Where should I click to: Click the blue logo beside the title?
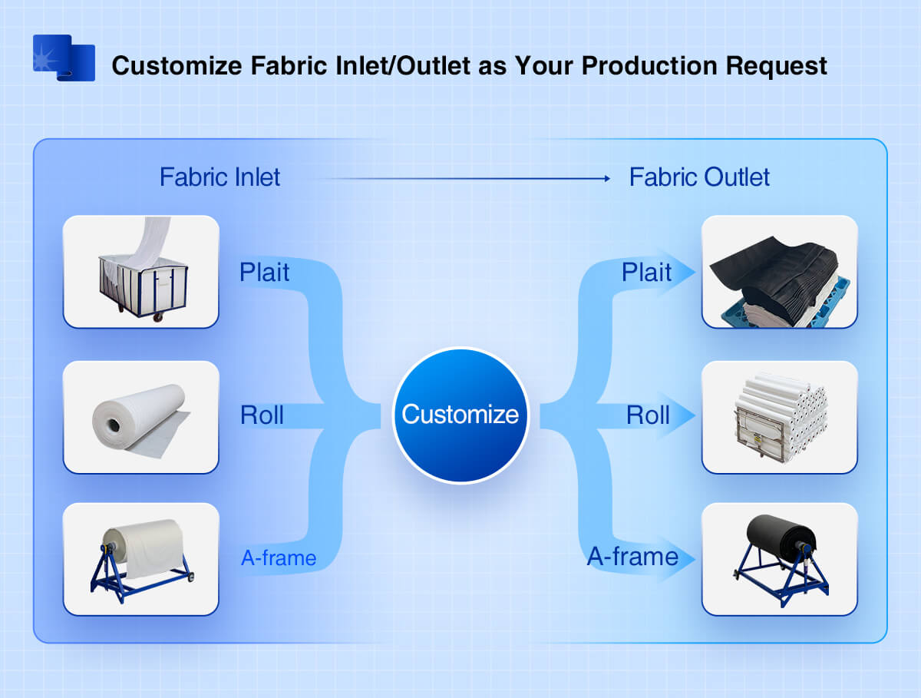coord(64,58)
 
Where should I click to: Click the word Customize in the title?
coord(177,66)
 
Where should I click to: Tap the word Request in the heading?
coord(776,66)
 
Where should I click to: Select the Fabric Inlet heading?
coord(220,177)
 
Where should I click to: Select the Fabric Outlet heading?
coord(699,177)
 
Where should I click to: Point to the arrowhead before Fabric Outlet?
coord(608,178)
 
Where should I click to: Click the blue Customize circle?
coord(460,415)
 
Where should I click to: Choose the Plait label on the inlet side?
coord(264,272)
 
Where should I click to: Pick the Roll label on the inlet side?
coord(262,415)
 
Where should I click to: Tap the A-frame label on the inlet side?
coord(279,558)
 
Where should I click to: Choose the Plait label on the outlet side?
coord(646,272)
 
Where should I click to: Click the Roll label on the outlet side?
coord(648,415)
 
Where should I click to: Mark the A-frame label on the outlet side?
coord(632,557)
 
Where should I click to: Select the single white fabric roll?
coord(141,420)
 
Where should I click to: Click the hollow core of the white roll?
coord(114,425)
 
